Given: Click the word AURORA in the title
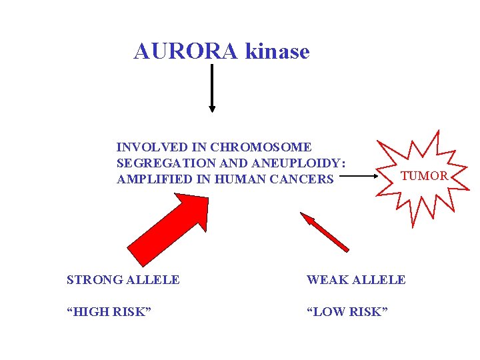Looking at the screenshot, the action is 186,51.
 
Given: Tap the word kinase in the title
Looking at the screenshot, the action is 277,51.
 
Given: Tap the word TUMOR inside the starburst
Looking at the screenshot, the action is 424,176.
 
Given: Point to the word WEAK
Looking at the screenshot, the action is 325,280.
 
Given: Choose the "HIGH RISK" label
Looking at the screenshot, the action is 109,312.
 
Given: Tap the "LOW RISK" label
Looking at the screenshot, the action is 347,312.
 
